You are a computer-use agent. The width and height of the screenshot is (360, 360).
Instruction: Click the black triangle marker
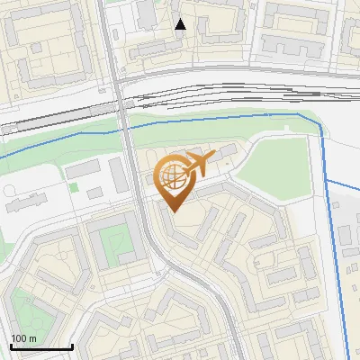(181, 24)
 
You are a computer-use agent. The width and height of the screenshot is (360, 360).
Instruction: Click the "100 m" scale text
(23, 338)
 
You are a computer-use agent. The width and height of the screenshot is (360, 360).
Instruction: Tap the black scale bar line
(40, 346)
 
